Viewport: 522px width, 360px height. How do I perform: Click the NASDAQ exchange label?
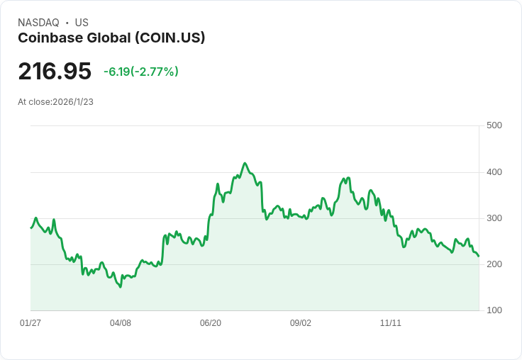pos(38,23)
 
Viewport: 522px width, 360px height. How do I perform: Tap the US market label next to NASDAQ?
pos(82,23)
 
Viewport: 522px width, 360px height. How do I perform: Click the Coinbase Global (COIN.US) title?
pos(111,38)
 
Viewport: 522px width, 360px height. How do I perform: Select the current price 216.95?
pos(55,72)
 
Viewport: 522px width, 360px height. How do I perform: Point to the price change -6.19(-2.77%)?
pos(140,72)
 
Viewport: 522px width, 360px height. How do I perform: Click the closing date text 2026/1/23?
pos(73,102)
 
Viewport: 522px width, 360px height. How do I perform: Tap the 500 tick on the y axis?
pos(494,125)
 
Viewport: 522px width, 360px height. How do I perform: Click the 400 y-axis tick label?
pos(494,172)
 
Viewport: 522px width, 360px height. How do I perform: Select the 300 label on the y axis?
pos(494,218)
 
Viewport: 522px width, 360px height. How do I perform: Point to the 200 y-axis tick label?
pos(494,264)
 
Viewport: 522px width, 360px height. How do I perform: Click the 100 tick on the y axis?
pos(494,310)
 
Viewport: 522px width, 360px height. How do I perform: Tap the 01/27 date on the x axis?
pos(30,323)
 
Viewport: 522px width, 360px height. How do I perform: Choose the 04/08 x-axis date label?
pos(121,323)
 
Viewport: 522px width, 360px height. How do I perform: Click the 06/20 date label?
pos(211,323)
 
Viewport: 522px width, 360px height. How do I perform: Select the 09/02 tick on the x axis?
pos(301,323)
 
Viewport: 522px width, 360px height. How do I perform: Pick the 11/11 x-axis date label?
pos(391,323)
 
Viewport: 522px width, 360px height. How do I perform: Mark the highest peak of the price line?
pos(245,163)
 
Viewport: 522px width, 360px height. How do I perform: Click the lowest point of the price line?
pos(121,287)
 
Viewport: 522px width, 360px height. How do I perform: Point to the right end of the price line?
pos(479,256)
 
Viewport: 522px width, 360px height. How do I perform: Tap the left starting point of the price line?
pos(30,227)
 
